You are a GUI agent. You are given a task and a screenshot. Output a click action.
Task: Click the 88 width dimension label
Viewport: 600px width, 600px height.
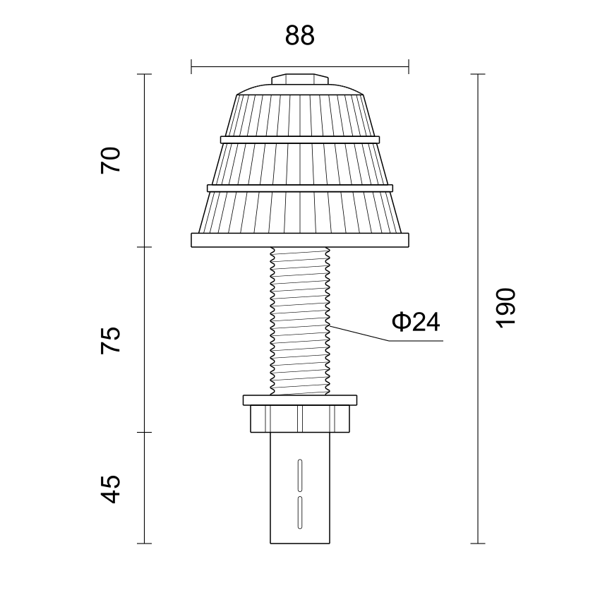pyautogui.click(x=299, y=35)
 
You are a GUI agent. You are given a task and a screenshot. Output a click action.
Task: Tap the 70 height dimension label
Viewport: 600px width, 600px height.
pyautogui.click(x=111, y=160)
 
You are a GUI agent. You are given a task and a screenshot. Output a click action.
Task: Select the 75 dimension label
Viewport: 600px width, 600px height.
pyautogui.click(x=111, y=340)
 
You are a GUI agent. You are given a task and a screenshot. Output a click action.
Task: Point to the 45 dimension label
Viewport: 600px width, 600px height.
pyautogui.click(x=111, y=489)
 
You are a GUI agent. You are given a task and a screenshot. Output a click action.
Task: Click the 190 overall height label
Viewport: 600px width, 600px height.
pyautogui.click(x=506, y=308)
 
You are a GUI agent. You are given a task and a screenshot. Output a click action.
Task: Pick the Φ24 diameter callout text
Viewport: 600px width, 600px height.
pyautogui.click(x=416, y=321)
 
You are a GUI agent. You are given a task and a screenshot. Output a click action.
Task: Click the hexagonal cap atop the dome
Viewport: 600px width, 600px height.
pyautogui.click(x=300, y=79)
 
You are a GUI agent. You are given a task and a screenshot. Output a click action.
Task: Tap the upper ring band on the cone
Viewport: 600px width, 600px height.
pyautogui.click(x=300, y=140)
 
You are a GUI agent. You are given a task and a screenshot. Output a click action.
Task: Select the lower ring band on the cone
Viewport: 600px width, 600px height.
pyautogui.click(x=300, y=188)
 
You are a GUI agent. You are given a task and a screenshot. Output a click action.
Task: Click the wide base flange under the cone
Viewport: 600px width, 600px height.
pyautogui.click(x=300, y=240)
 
